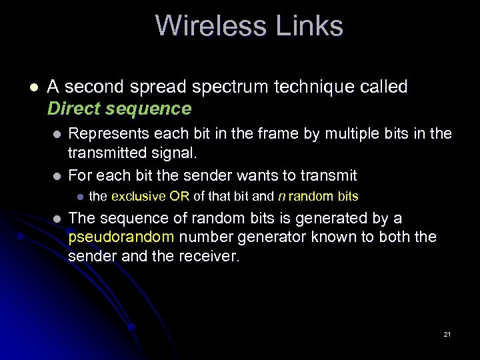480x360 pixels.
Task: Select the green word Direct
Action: click(73, 109)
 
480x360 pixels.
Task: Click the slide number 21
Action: click(447, 334)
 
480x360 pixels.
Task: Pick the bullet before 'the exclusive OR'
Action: click(78, 197)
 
